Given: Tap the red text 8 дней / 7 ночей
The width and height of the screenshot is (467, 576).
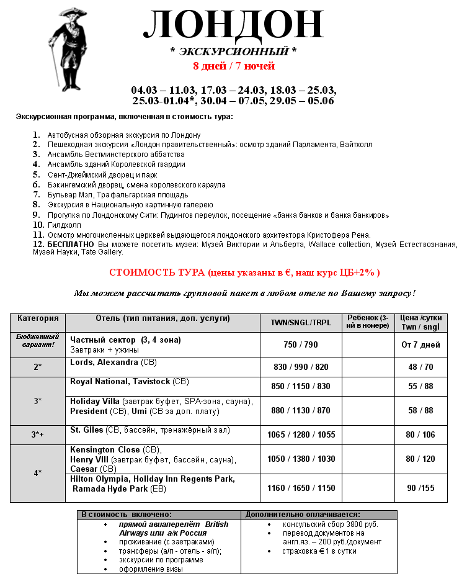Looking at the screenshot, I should pos(233,66).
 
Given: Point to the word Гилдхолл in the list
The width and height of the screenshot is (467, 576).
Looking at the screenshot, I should pos(62,225).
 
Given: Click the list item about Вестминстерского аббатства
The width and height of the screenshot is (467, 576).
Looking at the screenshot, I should pos(116,155).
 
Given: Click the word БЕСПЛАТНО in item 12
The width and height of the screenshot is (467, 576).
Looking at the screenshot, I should pos(69,245).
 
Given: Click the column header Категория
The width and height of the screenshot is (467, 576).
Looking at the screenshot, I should pos(38,318).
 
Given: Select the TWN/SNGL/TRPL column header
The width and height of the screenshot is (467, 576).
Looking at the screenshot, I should pos(301,323).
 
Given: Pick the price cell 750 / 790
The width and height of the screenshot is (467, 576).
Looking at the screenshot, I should pos(301,345).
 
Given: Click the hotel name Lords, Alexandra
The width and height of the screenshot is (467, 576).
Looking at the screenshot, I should pos(104,362).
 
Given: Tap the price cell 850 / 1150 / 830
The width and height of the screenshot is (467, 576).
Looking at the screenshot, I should pos(301,386).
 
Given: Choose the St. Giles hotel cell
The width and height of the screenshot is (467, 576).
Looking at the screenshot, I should pos(85,430).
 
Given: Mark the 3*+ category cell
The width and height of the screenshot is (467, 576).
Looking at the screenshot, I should pos(38,434).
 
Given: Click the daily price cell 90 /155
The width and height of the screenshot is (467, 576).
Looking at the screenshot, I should pos(421,488).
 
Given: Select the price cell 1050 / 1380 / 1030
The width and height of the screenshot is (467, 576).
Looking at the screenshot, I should pos(301,459).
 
